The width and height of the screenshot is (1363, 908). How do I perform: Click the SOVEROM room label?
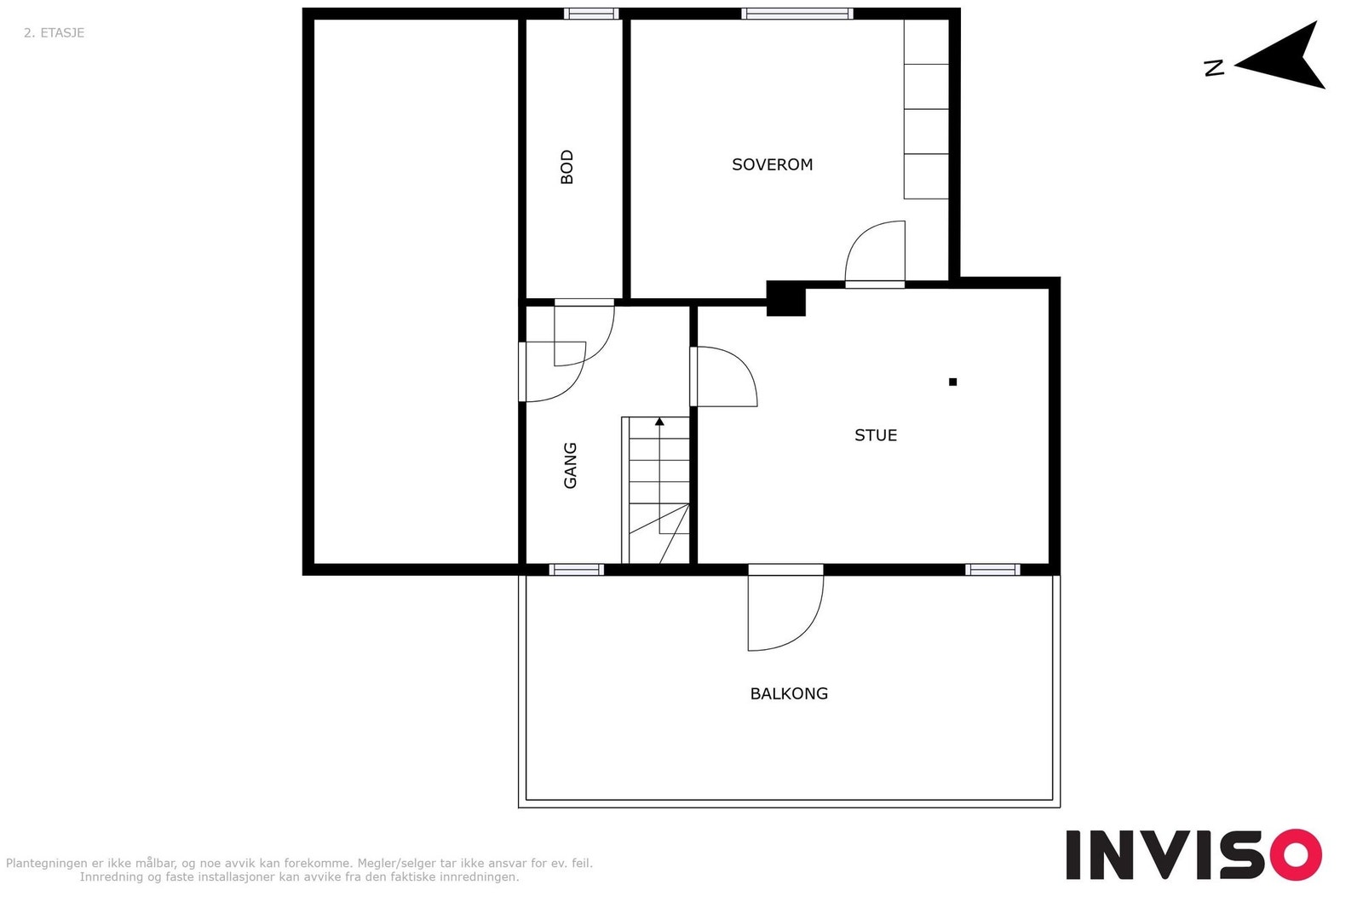(x=772, y=164)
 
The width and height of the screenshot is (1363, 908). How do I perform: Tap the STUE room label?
(x=875, y=435)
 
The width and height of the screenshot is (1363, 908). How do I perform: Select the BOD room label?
(x=567, y=167)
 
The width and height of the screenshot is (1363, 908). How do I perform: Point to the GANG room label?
(x=570, y=465)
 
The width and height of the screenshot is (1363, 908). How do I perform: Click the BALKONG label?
(x=789, y=693)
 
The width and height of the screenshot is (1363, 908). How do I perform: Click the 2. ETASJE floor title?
(x=55, y=33)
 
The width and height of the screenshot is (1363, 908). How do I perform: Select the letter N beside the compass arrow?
(x=1214, y=68)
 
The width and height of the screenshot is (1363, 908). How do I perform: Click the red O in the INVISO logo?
(x=1296, y=854)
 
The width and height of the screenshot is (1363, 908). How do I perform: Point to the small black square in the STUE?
(x=952, y=382)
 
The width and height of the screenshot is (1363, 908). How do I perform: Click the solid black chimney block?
(x=785, y=299)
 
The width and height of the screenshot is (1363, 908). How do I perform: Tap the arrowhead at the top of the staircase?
(x=659, y=421)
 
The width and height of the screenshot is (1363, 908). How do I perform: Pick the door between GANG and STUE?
(x=724, y=376)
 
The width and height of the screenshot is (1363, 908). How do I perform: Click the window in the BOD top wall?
(x=591, y=14)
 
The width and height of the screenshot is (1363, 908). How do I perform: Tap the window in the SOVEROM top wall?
(x=797, y=14)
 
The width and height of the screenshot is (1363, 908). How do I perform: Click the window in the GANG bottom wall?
(x=576, y=569)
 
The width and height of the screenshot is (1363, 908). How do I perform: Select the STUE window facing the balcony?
(x=992, y=569)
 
